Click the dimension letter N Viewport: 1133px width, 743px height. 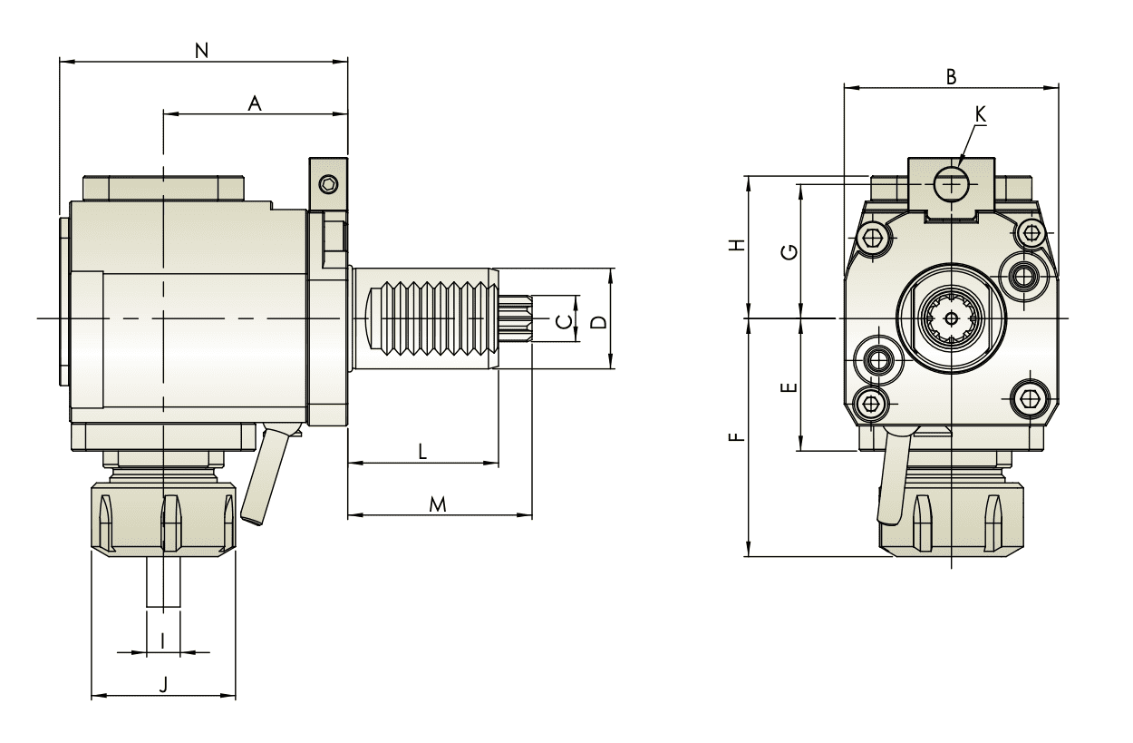click(202, 52)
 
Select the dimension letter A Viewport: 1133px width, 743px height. click(255, 104)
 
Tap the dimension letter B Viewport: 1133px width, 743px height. click(951, 77)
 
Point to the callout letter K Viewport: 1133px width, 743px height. click(981, 113)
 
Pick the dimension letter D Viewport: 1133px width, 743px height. click(597, 320)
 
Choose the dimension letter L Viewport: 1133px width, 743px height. click(422, 452)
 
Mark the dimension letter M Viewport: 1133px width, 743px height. click(438, 503)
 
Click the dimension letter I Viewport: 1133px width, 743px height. click(162, 640)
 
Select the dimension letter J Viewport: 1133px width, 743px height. click(163, 685)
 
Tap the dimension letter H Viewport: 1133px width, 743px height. click(738, 245)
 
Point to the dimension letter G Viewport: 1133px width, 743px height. click(790, 251)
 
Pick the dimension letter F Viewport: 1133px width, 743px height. click(738, 438)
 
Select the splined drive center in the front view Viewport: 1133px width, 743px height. click(950, 318)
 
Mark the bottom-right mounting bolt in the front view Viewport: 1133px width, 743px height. click(1028, 398)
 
